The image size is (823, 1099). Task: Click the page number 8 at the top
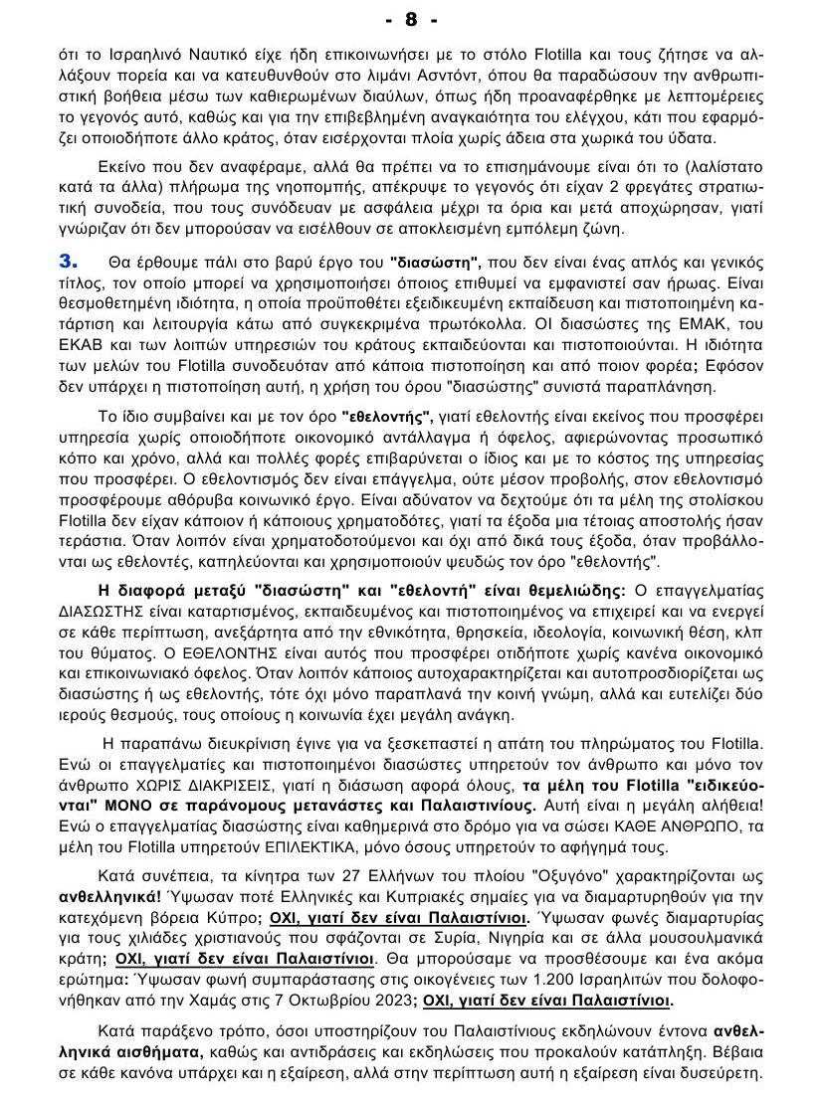(411, 19)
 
